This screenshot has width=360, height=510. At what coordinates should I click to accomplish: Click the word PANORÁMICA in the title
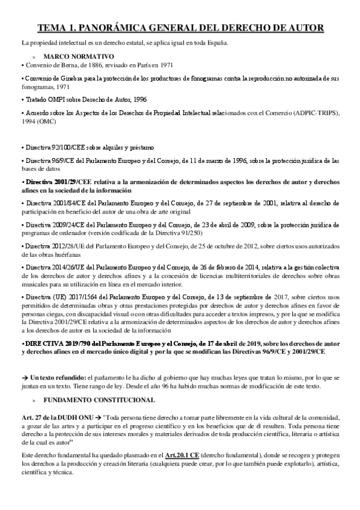tap(121, 28)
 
